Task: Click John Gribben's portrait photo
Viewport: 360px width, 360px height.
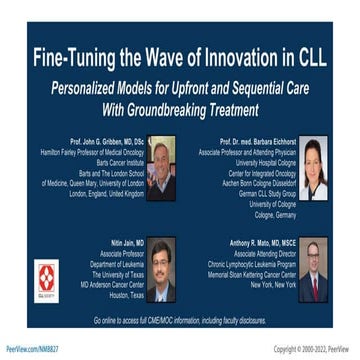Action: [x=162, y=166]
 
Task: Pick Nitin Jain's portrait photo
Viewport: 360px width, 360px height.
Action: [x=162, y=270]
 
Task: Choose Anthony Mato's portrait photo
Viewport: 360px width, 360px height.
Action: [x=313, y=270]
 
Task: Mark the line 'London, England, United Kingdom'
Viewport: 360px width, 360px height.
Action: [x=99, y=194]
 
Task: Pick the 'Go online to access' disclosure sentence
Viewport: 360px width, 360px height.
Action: [x=180, y=317]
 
